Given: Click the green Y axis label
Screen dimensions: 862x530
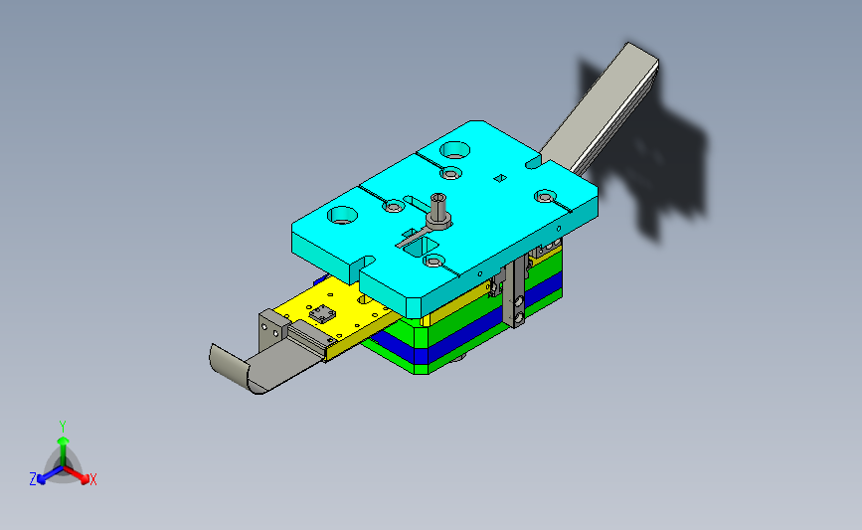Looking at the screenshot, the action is click(63, 427).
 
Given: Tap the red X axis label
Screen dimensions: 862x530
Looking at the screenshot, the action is click(92, 479).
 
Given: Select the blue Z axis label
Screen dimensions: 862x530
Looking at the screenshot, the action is click(33, 479).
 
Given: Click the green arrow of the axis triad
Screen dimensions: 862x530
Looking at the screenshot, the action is click(64, 450).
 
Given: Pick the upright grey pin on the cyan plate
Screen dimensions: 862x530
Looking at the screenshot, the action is click(438, 212).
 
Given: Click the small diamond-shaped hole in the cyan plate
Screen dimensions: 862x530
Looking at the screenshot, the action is click(500, 178).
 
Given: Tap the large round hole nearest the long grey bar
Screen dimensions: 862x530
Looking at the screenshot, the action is click(455, 149).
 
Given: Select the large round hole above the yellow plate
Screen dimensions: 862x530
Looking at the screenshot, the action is click(342, 215).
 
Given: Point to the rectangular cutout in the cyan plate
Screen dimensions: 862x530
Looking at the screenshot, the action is click(421, 248).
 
